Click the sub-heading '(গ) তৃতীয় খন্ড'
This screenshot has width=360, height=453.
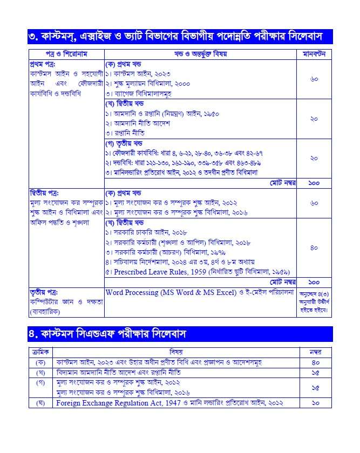tap(128, 143)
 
